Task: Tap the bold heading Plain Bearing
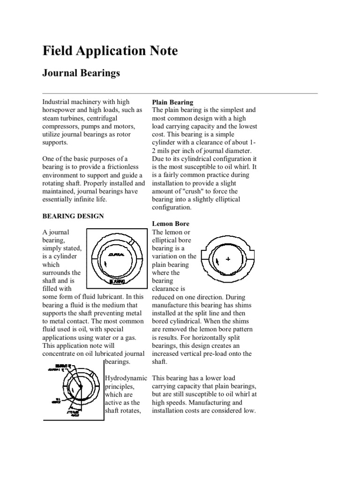tap(173, 102)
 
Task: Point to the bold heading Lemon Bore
tap(170, 224)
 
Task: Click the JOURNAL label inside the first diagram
tap(116, 254)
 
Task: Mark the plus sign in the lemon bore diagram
tap(228, 259)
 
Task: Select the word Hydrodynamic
tap(126, 378)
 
